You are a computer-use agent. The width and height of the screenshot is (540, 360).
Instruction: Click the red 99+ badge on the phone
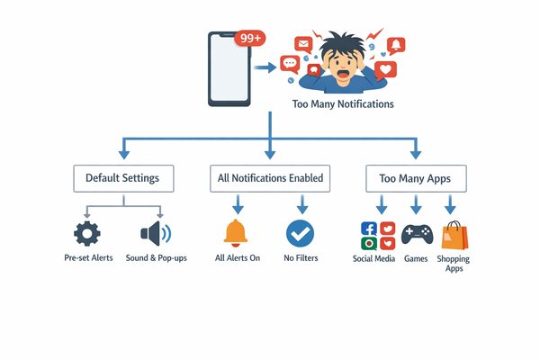[x=248, y=39]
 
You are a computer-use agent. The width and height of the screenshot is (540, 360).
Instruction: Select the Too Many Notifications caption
[x=343, y=104]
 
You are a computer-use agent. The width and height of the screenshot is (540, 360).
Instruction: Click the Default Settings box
[x=122, y=178]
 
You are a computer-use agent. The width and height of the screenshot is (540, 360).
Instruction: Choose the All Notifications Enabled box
[x=270, y=178]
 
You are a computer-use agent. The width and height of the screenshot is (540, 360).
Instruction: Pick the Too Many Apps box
[x=415, y=178]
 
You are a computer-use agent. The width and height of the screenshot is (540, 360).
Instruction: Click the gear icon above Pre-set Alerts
[x=87, y=234]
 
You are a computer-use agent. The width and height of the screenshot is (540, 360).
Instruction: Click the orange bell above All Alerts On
[x=236, y=233]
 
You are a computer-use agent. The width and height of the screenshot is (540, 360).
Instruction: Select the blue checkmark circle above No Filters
[x=300, y=234]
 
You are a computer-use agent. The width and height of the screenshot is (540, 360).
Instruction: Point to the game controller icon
[x=416, y=236]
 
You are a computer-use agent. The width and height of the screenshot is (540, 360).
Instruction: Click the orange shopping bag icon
[x=454, y=236]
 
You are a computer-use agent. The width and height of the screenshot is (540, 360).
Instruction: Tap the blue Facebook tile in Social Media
[x=368, y=229]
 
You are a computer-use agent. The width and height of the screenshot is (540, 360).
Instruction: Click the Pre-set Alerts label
[x=88, y=258]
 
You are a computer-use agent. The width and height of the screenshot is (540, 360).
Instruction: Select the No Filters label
[x=300, y=258]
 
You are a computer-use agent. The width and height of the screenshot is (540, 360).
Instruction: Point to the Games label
[x=416, y=258]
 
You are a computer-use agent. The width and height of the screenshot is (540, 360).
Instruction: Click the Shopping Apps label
[x=454, y=263]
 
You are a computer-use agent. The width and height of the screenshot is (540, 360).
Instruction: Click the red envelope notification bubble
[x=303, y=43]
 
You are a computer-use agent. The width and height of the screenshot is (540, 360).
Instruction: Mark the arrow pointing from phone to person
[x=265, y=67]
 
